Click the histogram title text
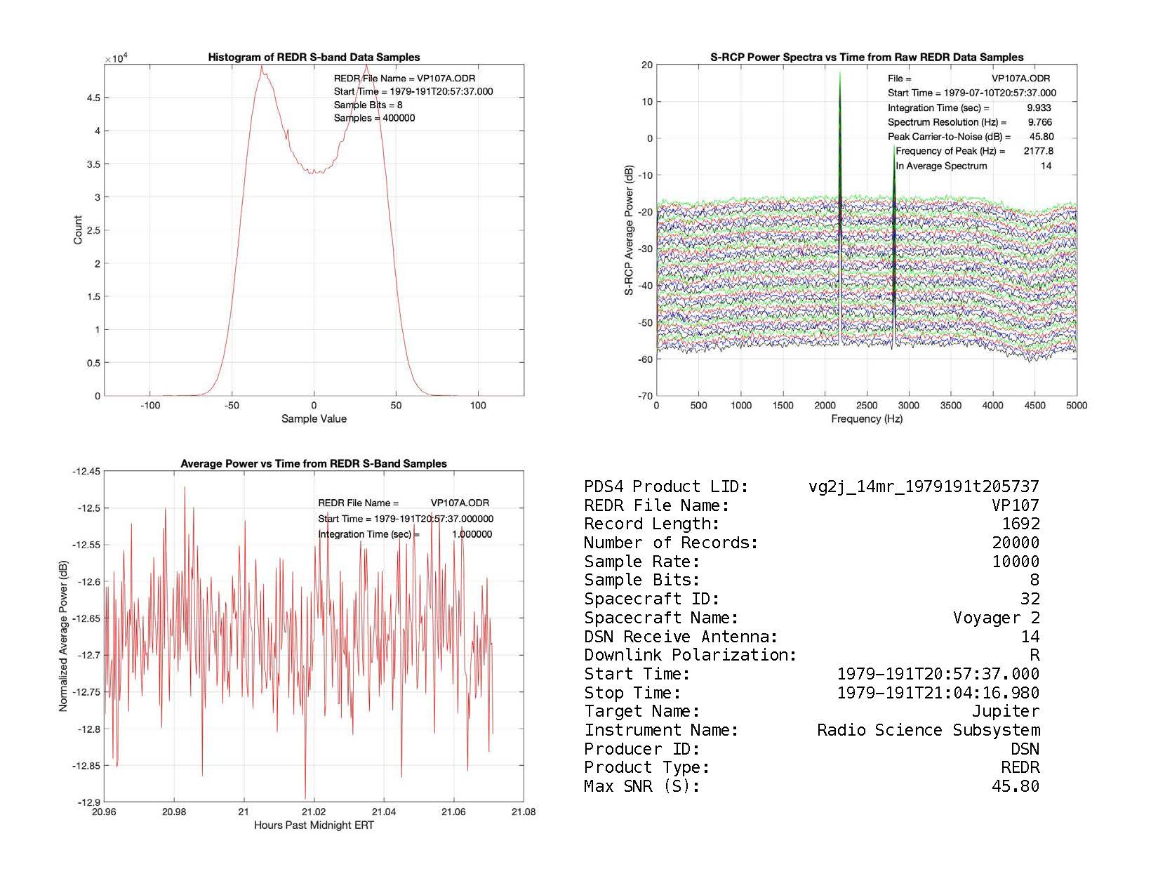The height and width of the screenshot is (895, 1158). [x=314, y=58]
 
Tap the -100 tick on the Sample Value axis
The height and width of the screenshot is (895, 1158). [x=150, y=406]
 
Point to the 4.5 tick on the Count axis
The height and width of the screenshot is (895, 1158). [x=93, y=98]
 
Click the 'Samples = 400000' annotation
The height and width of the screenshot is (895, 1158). [x=374, y=118]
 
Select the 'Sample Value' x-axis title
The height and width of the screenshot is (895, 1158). [x=314, y=419]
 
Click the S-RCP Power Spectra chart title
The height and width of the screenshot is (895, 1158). [x=867, y=58]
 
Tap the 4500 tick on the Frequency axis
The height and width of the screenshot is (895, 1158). [x=1034, y=405]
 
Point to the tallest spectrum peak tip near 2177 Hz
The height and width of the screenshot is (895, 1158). [x=839, y=73]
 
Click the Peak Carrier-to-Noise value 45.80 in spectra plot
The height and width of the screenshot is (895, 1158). [x=1039, y=137]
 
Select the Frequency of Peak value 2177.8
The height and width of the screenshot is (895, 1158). [x=1039, y=151]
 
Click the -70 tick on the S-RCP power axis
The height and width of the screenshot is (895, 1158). [x=644, y=396]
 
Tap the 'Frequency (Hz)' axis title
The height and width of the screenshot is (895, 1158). [x=867, y=419]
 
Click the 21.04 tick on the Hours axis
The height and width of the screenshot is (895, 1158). [x=384, y=812]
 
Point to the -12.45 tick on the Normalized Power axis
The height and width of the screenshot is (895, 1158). [x=86, y=471]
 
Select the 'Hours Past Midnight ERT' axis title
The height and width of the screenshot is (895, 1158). [x=314, y=826]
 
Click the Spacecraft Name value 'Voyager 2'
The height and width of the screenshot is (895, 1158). [x=996, y=618]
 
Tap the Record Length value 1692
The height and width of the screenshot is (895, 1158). [x=1020, y=524]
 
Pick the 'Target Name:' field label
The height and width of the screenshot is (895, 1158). [x=641, y=711]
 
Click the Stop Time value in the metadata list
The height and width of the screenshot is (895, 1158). [x=938, y=693]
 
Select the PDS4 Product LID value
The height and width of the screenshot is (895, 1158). [x=924, y=486]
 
